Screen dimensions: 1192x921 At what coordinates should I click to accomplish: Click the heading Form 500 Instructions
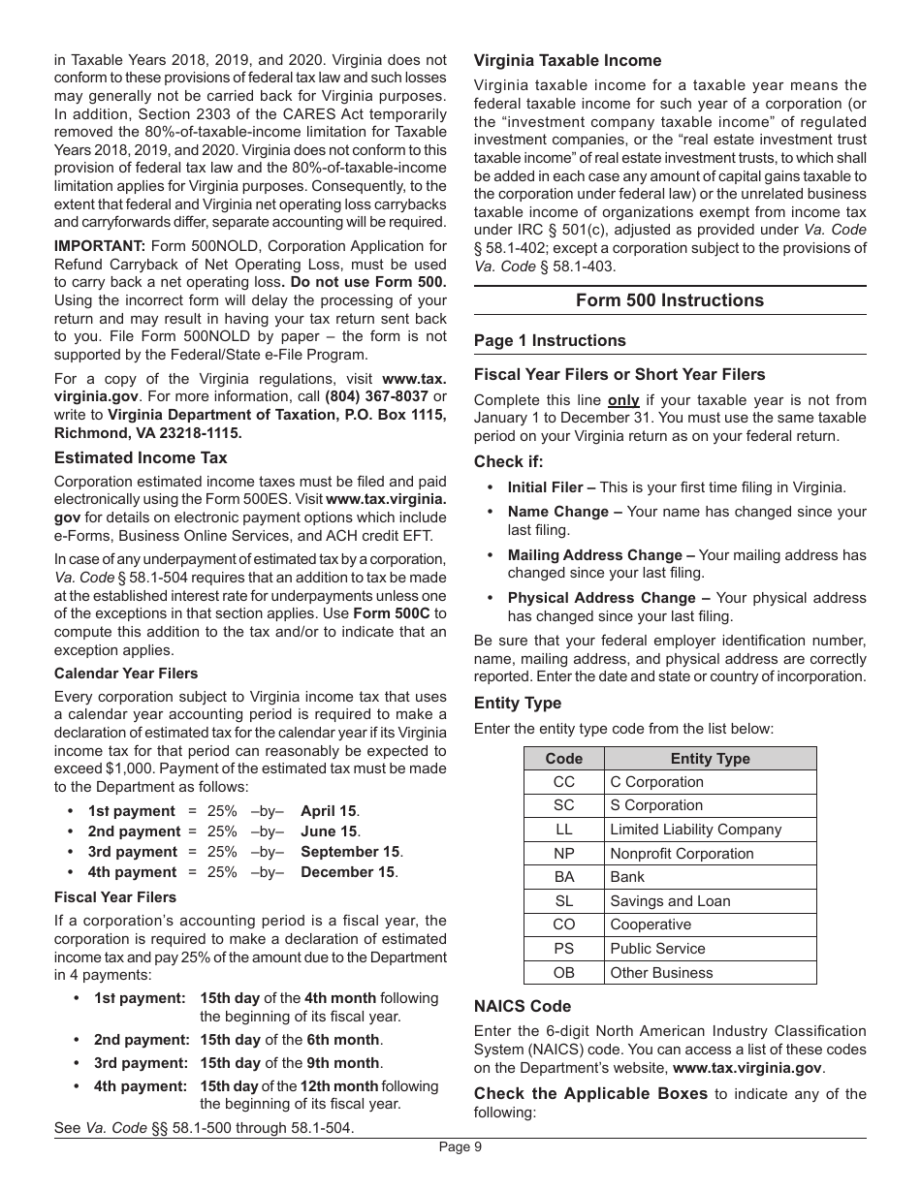[x=669, y=300]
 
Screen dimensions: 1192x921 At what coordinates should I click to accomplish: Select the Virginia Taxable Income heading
[x=567, y=60]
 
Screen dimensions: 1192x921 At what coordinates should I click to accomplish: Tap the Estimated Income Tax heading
[x=141, y=457]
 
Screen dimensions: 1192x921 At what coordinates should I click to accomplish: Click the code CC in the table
[x=563, y=782]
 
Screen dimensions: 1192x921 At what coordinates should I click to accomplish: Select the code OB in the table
[x=563, y=973]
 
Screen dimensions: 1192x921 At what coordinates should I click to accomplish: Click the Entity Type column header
[x=710, y=759]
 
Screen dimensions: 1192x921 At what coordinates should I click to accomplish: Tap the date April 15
[x=329, y=811]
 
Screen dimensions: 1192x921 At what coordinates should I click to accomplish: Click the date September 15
[x=350, y=852]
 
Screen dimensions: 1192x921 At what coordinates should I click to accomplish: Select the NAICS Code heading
[x=523, y=1006]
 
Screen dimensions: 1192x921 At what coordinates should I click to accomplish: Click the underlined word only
[x=623, y=399]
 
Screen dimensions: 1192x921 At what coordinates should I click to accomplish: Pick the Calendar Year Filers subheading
[x=126, y=674]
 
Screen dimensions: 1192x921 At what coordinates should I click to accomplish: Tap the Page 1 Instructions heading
[x=550, y=340]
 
